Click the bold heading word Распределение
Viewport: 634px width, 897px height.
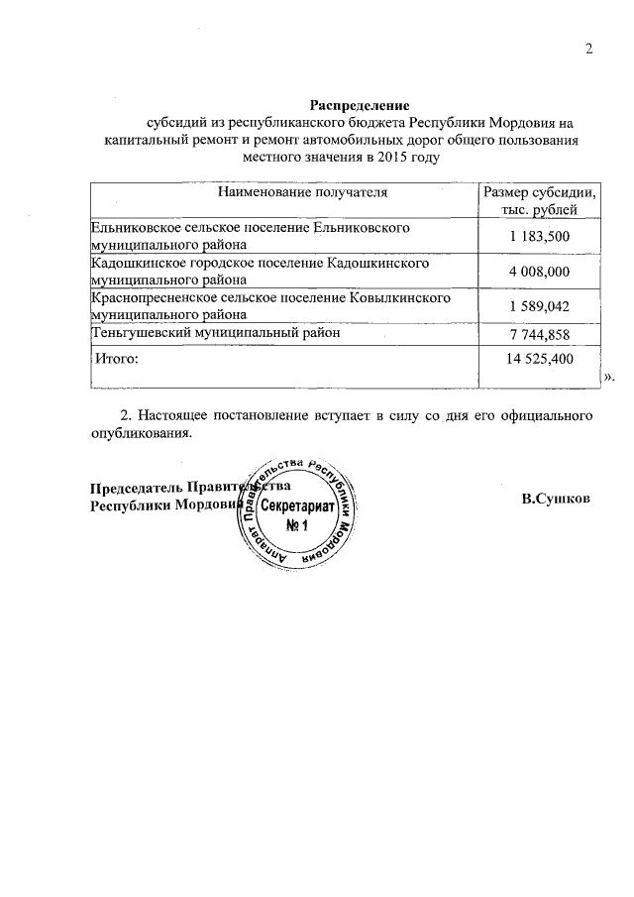(360, 104)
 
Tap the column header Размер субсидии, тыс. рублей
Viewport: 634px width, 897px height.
(539, 200)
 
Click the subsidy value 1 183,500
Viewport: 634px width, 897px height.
(540, 236)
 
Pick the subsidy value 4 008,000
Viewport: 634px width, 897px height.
(540, 272)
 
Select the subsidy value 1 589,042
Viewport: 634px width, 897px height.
(540, 306)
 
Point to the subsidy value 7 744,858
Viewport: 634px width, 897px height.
(540, 335)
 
